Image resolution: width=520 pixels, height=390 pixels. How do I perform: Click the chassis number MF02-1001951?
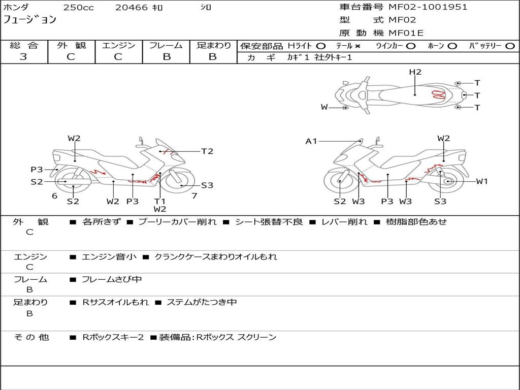pyautogui.click(x=428, y=7)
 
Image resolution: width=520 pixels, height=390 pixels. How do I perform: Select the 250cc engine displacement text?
pyautogui.click(x=79, y=7)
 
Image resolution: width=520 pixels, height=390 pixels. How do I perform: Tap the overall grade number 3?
pyautogui.click(x=23, y=57)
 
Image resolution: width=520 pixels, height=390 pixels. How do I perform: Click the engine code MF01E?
pyautogui.click(x=406, y=33)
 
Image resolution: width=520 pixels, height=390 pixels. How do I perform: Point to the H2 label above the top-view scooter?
pyautogui.click(x=415, y=72)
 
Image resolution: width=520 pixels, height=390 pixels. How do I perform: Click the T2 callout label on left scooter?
pyautogui.click(x=207, y=151)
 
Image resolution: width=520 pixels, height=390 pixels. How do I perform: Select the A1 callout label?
pyautogui.click(x=311, y=142)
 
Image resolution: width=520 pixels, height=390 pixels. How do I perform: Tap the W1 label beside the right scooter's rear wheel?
pyautogui.click(x=482, y=181)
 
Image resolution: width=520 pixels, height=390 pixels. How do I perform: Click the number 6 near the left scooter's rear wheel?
pyautogui.click(x=55, y=196)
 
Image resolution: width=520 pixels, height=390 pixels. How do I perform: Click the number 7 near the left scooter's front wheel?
pyautogui.click(x=194, y=196)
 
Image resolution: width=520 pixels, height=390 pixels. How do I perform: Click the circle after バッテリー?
pyautogui.click(x=510, y=46)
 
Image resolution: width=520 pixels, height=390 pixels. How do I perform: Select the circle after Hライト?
pyautogui.click(x=321, y=46)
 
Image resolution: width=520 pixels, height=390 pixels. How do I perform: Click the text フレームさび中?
pyautogui.click(x=112, y=280)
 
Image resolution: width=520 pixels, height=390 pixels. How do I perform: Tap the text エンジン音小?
pyautogui.click(x=109, y=256)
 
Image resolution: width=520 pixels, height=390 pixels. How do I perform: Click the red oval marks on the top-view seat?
pyautogui.click(x=438, y=94)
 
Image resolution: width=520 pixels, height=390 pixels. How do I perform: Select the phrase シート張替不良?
pyautogui.click(x=269, y=221)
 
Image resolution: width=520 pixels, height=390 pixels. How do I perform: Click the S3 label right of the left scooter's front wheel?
pyautogui.click(x=207, y=185)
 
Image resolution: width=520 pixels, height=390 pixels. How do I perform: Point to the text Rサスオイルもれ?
pyautogui.click(x=115, y=302)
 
